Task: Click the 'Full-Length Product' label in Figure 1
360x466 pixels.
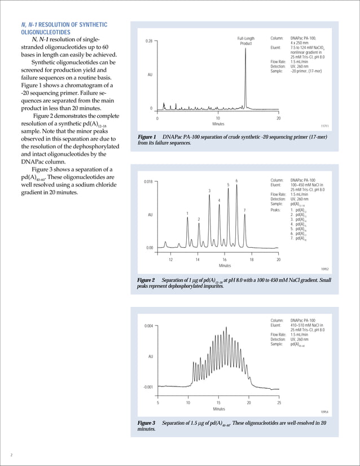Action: pos(245,41)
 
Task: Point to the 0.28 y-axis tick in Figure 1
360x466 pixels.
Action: pos(149,41)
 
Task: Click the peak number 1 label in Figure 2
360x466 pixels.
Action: pos(187,213)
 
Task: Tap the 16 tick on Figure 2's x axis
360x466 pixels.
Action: pos(224,260)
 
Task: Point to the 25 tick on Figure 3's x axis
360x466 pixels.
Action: pos(279,403)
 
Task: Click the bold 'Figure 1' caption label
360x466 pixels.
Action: pos(147,138)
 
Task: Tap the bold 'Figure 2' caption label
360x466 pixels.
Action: pos(147,280)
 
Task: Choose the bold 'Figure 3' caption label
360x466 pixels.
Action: pos(147,423)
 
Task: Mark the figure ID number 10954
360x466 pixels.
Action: pos(324,412)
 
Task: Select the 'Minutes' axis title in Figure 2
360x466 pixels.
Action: pos(225,266)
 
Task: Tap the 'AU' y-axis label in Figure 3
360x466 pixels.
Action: pos(150,357)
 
